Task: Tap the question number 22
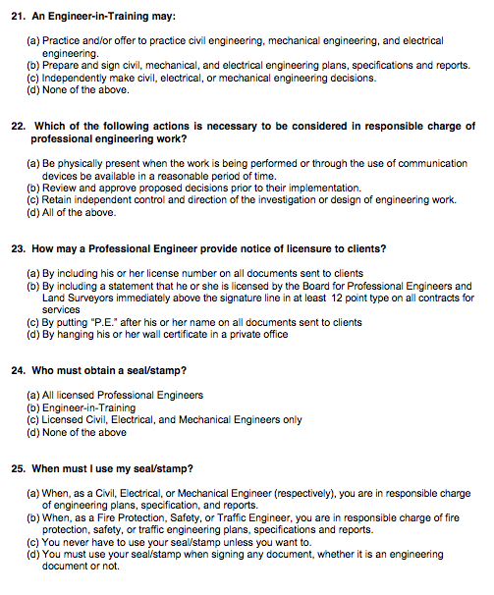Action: [18, 127]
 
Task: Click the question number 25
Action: [18, 467]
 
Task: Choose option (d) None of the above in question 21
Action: [78, 90]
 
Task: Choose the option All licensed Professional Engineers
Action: [123, 395]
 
